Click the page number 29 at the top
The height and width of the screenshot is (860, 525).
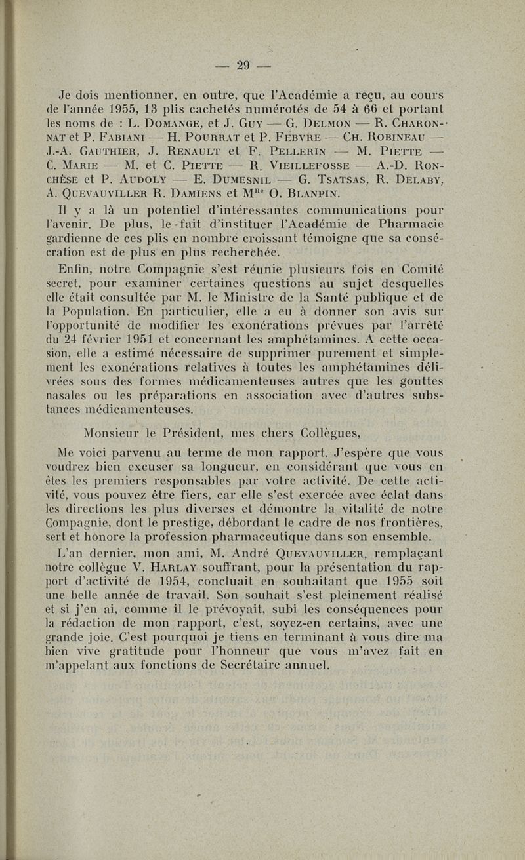click(244, 65)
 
